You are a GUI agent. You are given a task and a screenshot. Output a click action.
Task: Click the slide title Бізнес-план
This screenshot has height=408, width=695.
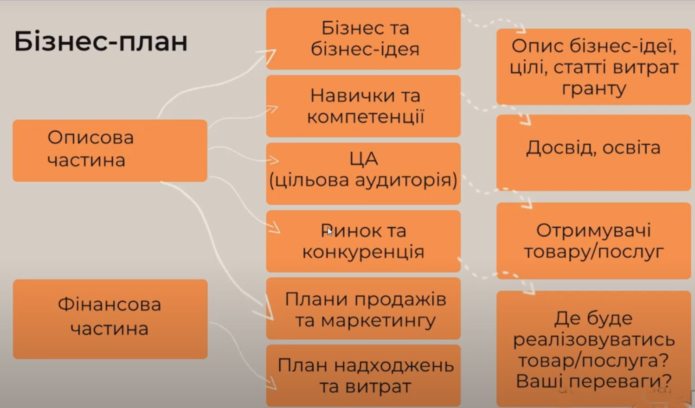[x=101, y=41]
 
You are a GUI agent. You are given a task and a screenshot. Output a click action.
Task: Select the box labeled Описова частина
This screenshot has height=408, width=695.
[x=110, y=151]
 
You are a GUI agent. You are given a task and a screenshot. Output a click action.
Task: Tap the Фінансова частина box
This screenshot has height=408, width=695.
[x=110, y=319]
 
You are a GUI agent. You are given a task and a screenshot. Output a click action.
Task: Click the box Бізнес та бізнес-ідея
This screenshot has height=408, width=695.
[x=363, y=38]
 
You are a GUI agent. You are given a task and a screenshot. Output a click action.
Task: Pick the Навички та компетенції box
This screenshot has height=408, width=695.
[x=363, y=106]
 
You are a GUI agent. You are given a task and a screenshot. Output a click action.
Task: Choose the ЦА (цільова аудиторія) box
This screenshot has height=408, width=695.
[x=363, y=173]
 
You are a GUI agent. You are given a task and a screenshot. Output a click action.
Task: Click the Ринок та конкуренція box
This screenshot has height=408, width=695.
[x=363, y=241]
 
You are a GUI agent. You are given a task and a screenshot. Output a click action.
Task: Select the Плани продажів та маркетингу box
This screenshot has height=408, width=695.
[x=363, y=308]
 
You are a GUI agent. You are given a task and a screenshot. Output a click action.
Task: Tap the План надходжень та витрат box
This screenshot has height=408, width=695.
[x=363, y=376]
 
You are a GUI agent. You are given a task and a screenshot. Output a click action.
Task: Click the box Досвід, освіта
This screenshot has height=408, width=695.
[x=593, y=153]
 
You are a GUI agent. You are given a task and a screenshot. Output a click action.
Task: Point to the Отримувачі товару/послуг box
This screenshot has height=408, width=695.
[x=593, y=241]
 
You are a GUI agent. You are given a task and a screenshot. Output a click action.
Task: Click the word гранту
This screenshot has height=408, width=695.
[x=594, y=89]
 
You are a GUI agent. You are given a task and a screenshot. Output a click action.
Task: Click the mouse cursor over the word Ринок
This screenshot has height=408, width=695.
[x=329, y=231]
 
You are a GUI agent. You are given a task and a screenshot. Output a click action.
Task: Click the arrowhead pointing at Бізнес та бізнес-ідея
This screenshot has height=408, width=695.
[x=269, y=55]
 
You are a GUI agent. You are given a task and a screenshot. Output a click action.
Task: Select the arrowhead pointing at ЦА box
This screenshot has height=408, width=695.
[x=273, y=160]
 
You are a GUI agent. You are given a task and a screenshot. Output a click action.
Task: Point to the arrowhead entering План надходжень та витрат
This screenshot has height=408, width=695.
[x=271, y=383]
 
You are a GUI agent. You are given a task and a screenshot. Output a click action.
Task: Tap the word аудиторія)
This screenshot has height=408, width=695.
[x=406, y=180]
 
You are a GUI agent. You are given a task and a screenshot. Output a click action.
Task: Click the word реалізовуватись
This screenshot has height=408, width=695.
[x=594, y=340]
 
